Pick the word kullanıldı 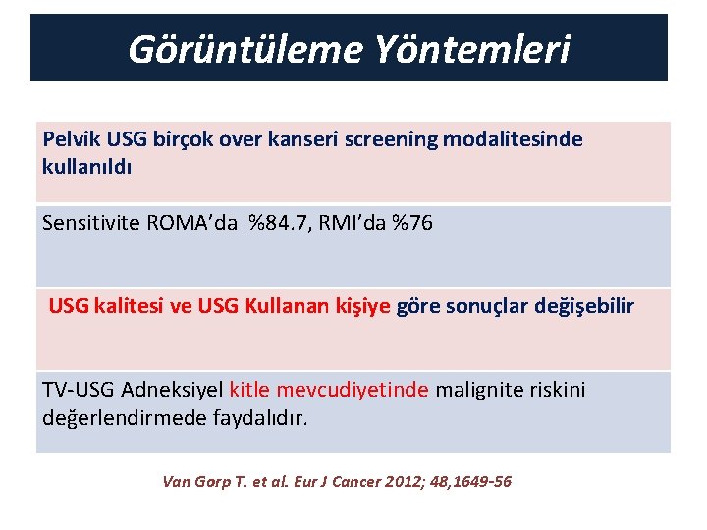(x=86, y=166)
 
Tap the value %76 (x=411, y=223)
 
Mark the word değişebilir (x=584, y=307)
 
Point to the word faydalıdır (x=260, y=418)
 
